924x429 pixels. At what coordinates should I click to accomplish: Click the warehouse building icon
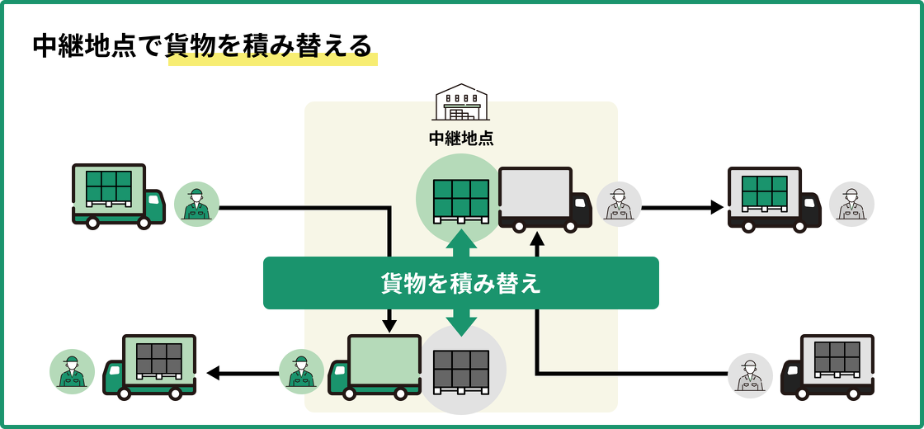[x=460, y=102]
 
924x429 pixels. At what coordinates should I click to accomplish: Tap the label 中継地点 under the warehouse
[x=461, y=139]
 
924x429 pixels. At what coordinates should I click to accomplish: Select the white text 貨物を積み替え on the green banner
[x=460, y=283]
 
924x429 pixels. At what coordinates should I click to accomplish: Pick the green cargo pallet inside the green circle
[x=460, y=200]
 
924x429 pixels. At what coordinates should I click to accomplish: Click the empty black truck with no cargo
[x=544, y=199]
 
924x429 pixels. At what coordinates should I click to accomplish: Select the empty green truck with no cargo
[x=375, y=367]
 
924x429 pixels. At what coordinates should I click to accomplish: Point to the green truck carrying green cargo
[x=118, y=196]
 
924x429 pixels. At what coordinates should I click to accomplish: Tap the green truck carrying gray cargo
[x=150, y=367]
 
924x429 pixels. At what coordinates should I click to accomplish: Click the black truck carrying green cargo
[x=774, y=199]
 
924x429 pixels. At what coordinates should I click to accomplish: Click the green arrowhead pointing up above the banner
[x=461, y=239]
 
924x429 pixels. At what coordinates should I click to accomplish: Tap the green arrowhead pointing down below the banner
[x=461, y=327]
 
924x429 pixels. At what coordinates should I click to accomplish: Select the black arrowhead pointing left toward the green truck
[x=213, y=373]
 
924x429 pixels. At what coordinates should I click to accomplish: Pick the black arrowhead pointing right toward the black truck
[x=717, y=207]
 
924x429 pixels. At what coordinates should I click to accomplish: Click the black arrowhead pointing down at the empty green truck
[x=389, y=326]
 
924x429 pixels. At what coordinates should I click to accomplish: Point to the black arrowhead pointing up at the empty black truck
[x=537, y=238]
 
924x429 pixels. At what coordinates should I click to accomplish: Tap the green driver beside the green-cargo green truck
[x=196, y=205]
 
